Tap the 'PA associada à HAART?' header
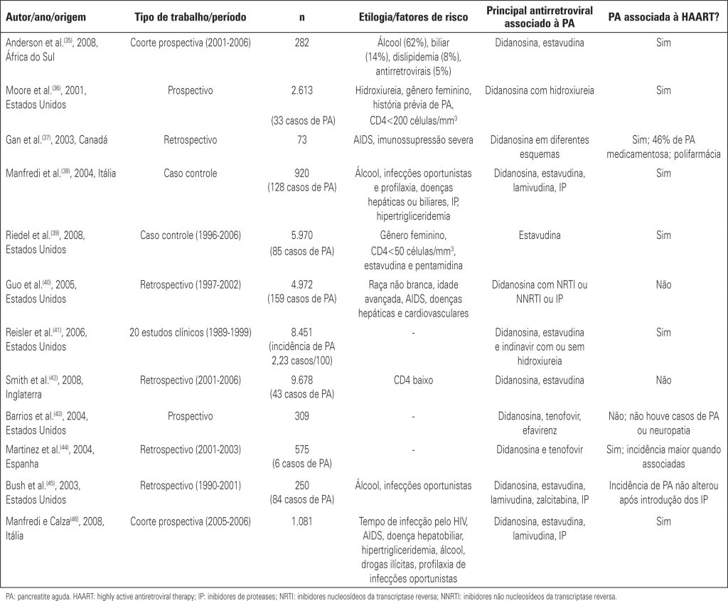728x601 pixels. (663, 15)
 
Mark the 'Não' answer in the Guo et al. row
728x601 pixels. (663, 284)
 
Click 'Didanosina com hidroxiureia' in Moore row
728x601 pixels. (540, 90)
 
